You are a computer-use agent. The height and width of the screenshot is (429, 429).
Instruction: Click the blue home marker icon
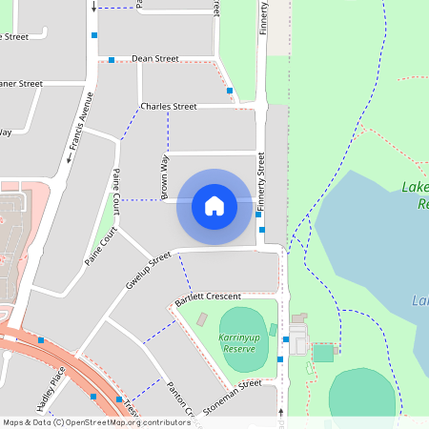coord(214,205)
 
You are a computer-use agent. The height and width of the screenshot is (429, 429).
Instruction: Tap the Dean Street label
coord(154,59)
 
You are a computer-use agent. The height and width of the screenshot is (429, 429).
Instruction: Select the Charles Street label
coord(168,106)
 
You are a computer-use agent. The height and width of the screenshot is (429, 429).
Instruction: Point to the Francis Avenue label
coord(84,122)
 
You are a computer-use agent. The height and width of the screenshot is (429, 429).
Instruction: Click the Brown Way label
coord(164,178)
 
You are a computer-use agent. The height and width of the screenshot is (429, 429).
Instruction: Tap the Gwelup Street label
coord(147,271)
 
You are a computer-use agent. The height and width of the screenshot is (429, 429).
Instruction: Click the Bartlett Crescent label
coord(209,298)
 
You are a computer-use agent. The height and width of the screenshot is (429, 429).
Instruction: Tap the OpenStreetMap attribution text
coord(95,422)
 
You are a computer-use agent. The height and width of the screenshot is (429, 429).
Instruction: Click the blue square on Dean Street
coord(112,60)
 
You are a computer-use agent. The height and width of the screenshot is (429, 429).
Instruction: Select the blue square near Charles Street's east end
coord(230,91)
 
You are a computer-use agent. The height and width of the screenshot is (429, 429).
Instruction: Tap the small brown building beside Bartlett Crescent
coord(201,318)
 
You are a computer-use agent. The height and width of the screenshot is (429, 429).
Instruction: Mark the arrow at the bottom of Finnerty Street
coord(281,412)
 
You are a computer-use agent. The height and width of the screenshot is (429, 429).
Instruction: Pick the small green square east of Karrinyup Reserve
coord(323,353)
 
